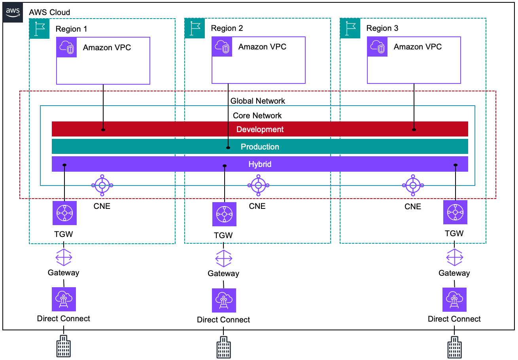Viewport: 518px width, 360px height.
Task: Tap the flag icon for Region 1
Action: pos(39,28)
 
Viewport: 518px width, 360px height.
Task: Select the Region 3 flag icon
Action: pos(350,28)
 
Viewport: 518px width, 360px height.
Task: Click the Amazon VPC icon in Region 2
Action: pos(222,47)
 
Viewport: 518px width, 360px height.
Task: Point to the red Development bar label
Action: pos(260,129)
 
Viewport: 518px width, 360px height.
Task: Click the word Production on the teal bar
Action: pos(260,147)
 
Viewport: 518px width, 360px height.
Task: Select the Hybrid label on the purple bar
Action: pos(260,164)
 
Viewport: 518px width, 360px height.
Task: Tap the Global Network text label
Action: pos(258,101)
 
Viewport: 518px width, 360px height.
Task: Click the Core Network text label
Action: pos(257,116)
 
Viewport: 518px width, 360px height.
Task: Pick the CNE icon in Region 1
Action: pos(102,185)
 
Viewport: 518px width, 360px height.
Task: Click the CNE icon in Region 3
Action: pos(413,185)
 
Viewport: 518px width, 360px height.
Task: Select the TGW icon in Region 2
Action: pos(224,214)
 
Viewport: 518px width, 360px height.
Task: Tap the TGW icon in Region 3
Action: pos(455,212)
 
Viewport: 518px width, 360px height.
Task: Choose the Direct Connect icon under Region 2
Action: pos(224,301)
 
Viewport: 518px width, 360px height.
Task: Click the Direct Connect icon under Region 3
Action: pos(454,299)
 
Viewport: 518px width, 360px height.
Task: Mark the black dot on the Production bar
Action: pos(228,148)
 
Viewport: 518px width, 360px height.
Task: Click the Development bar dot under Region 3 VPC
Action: pos(414,129)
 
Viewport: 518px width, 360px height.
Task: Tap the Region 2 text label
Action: pos(227,28)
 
